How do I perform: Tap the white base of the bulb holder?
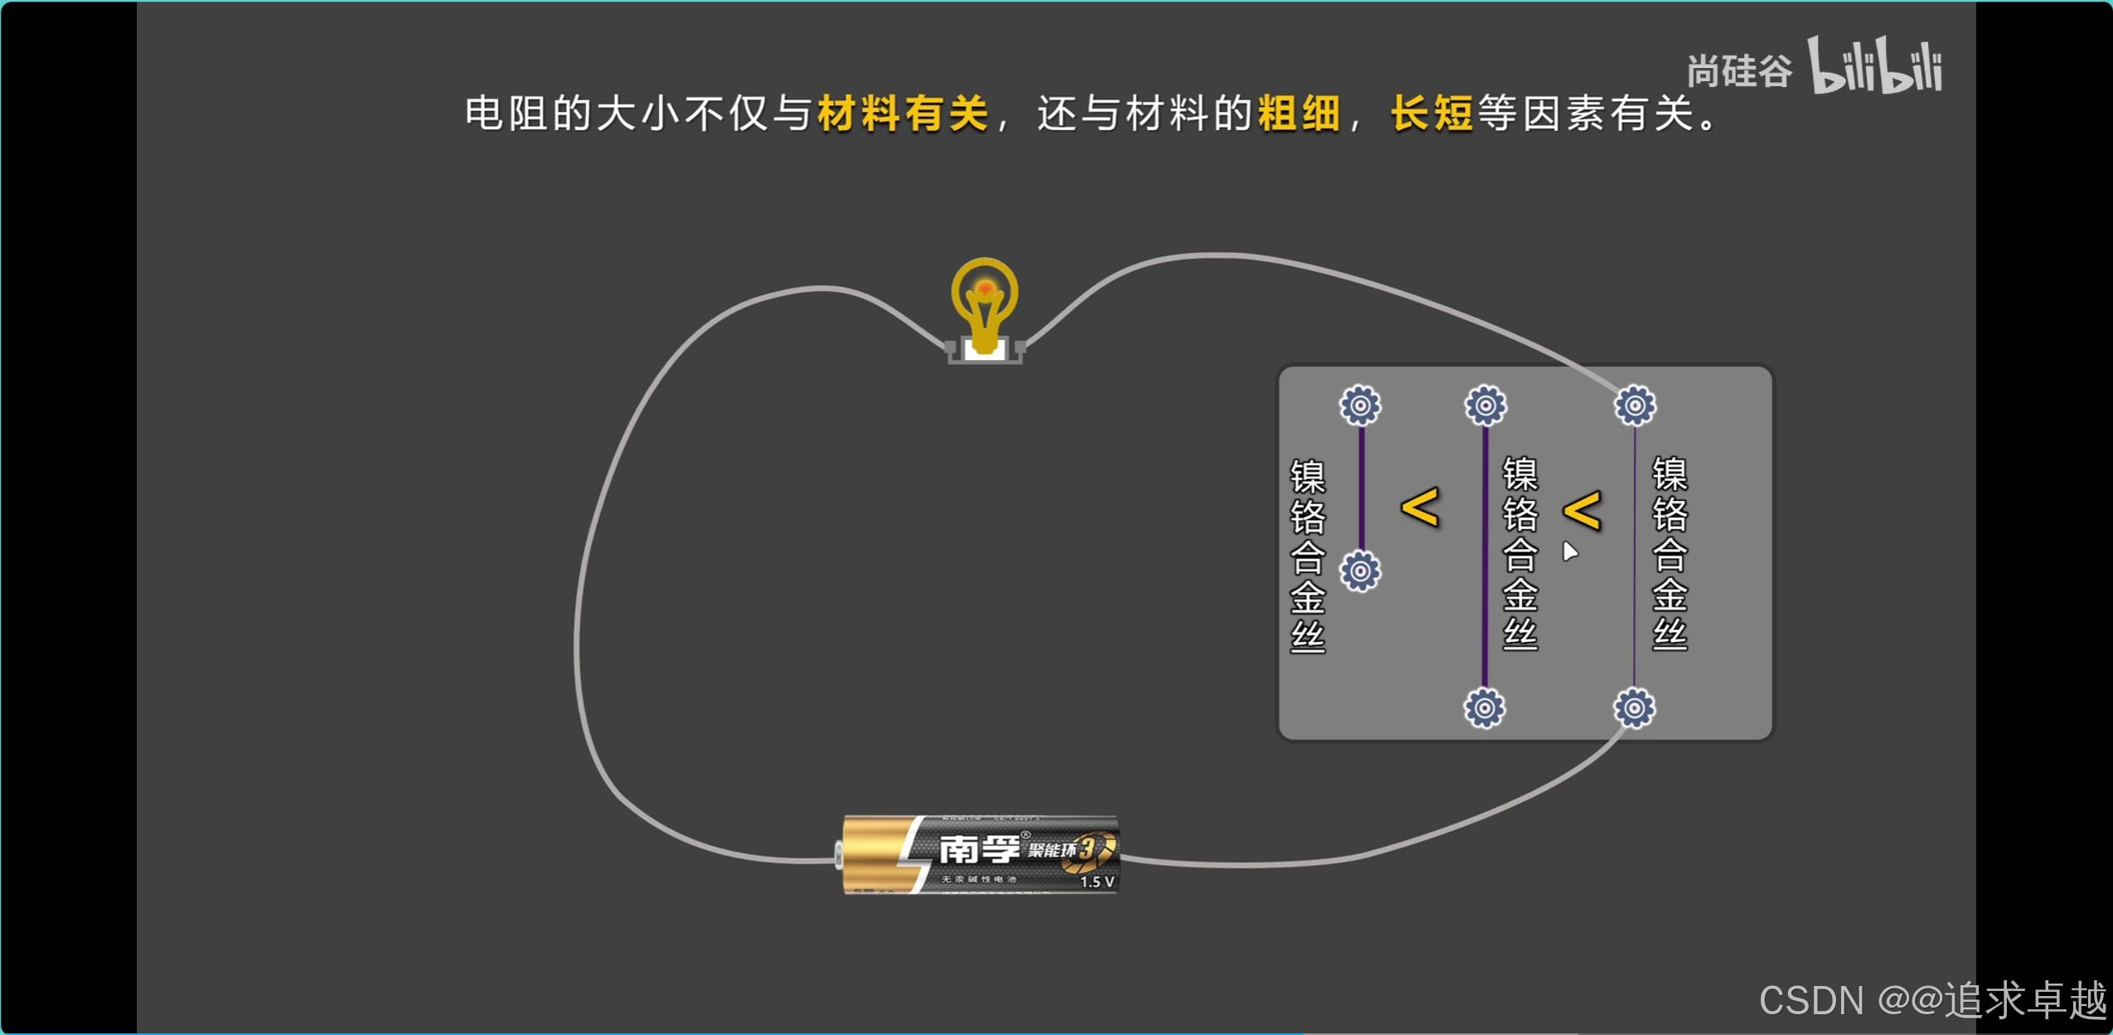pos(985,349)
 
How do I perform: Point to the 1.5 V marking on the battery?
pos(1097,882)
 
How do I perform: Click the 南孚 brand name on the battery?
pos(979,848)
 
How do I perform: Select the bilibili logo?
pos(1875,66)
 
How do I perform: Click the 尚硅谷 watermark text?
pos(1739,71)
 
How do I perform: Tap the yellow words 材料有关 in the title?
pos(903,114)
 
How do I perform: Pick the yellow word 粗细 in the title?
pos(1299,114)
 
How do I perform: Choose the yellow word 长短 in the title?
pos(1432,114)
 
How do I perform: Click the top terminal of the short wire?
pos(1360,406)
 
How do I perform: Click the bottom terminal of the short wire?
pos(1360,571)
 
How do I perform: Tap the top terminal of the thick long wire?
pos(1485,406)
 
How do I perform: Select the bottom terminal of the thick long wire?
pos(1485,708)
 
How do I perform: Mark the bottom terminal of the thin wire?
pos(1634,708)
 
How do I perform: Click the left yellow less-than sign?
pos(1420,508)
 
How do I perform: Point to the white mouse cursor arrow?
pos(1569,552)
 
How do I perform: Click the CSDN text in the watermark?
pos(1811,1001)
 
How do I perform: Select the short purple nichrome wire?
pos(1361,489)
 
